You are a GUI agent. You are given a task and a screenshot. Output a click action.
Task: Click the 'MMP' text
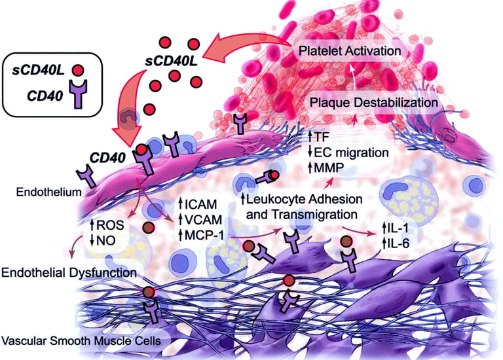tap(329, 168)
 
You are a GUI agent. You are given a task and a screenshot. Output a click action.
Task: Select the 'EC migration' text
tap(352, 153)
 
